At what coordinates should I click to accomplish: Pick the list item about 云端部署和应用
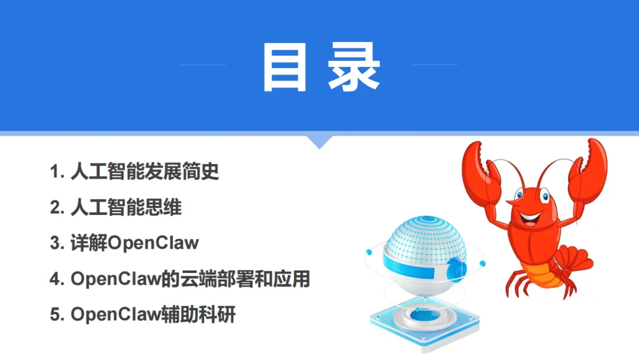[x=180, y=279]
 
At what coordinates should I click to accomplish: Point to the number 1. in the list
[x=57, y=173]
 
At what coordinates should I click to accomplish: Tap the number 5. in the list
[x=57, y=315]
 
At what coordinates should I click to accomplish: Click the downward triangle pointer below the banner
[x=319, y=141]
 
